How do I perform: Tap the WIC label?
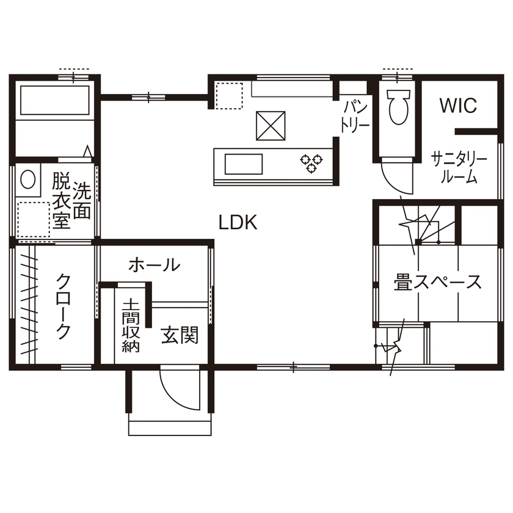[x=457, y=106]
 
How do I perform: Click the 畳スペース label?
[x=437, y=283]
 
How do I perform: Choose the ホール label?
[x=154, y=265]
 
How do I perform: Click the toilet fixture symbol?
[x=398, y=107]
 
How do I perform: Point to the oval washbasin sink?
[x=28, y=179]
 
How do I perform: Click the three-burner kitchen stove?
[x=311, y=162]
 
